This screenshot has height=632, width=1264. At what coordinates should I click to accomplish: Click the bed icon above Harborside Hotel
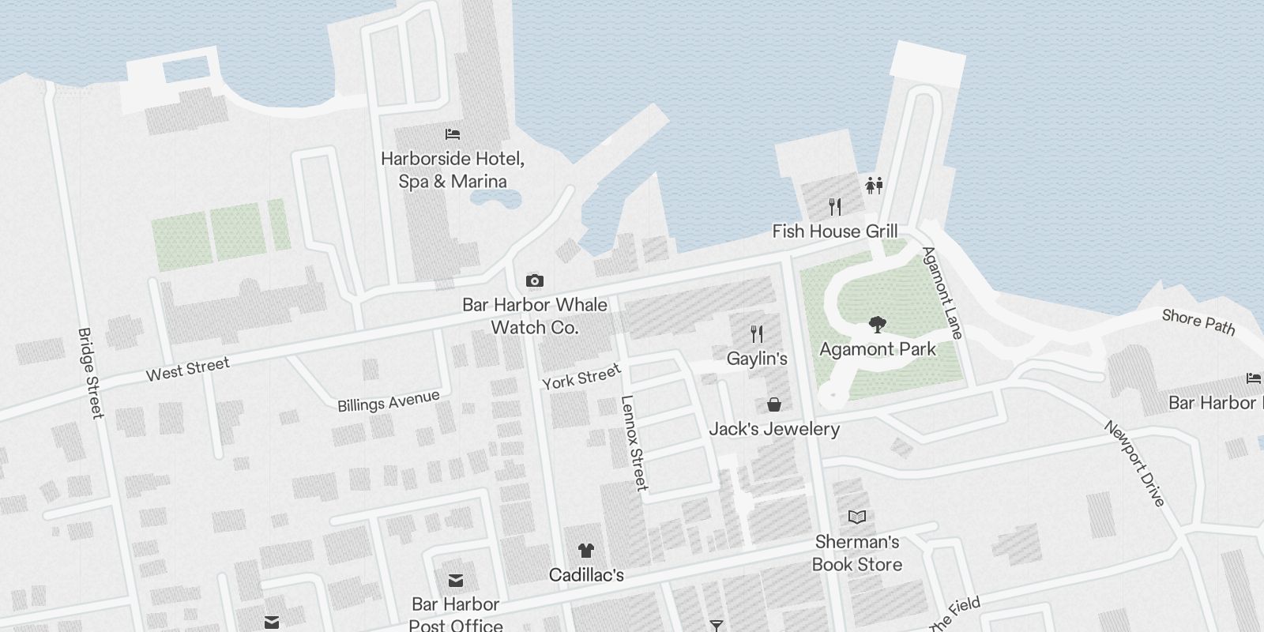pos(453,134)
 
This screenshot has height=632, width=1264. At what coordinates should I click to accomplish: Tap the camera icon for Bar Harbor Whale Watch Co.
pos(535,280)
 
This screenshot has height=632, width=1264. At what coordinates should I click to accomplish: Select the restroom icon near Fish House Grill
pos(874,185)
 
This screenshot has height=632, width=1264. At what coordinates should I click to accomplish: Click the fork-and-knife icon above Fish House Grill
pos(835,207)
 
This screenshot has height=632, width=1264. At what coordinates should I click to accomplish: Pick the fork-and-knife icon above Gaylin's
pos(757,333)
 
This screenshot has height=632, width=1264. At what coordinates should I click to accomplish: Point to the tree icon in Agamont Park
pos(876,324)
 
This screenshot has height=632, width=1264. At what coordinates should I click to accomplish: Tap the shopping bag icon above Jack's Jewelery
pos(774,404)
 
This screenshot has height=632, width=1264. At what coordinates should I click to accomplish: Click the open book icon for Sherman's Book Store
pos(857,517)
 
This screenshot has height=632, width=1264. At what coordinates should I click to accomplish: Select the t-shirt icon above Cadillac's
pos(585,551)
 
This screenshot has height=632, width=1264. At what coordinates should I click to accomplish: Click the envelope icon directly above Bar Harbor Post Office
pos(456,581)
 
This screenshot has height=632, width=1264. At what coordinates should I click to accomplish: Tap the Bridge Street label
pos(91,373)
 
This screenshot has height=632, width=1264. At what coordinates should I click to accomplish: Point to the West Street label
pos(188,369)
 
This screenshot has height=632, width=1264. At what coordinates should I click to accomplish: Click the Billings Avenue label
pos(388,401)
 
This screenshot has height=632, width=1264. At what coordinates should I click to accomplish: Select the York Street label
pos(581,377)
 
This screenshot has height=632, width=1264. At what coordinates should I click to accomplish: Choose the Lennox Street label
pos(634,442)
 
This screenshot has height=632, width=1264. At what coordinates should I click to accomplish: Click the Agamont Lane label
pos(942,292)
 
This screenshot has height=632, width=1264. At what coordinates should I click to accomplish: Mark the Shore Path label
pos(1198,322)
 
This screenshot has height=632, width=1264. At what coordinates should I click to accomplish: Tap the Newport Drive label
pos(1134,463)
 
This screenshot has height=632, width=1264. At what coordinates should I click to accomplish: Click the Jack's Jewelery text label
pos(774,429)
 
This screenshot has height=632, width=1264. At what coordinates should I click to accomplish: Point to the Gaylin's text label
pos(757,359)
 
